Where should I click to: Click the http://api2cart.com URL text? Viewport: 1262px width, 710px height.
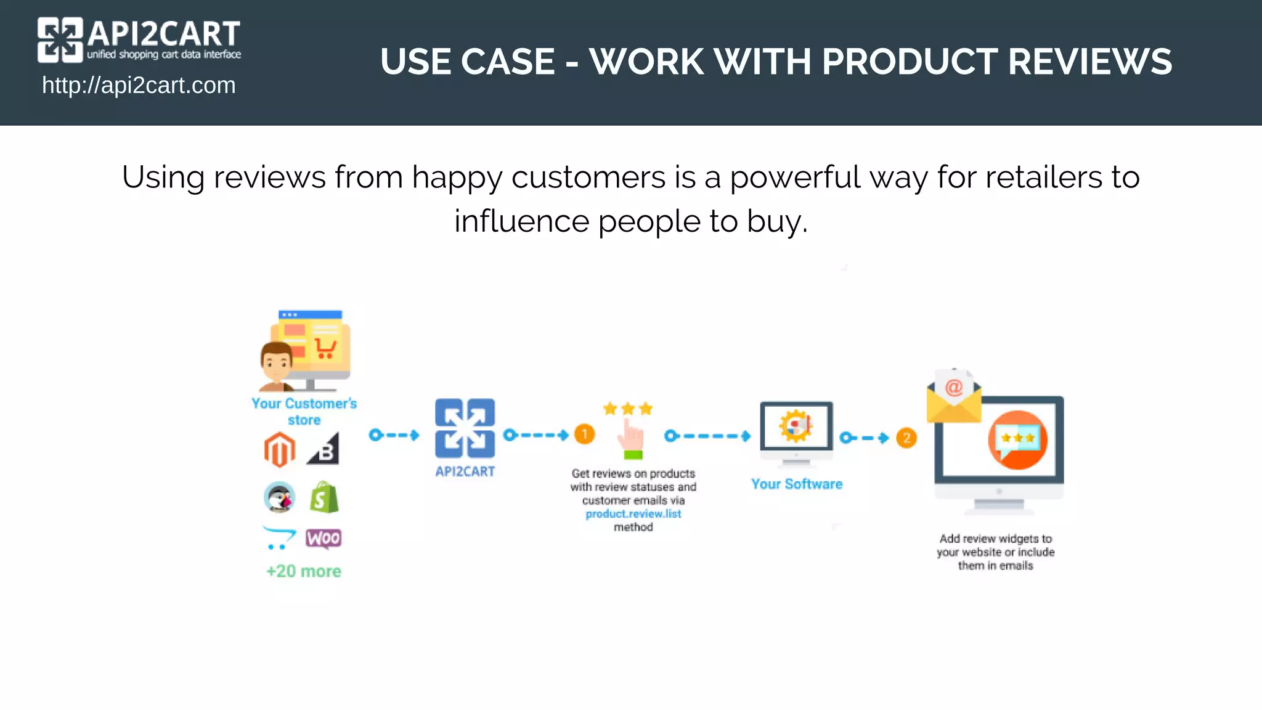[139, 85]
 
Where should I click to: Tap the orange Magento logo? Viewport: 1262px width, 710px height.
[280, 449]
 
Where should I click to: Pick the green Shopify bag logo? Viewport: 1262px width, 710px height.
[324, 497]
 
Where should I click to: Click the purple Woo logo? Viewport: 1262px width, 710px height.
[324, 538]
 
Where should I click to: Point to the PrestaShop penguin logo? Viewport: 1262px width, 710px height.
[280, 497]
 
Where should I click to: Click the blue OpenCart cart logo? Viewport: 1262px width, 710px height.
[279, 537]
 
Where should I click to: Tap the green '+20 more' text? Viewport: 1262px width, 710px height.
[303, 571]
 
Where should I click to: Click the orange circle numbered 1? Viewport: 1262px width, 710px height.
[584, 434]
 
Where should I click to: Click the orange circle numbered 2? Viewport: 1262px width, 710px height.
[906, 438]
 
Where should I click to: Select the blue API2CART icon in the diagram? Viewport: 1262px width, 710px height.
[465, 428]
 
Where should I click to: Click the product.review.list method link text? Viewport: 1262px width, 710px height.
[633, 514]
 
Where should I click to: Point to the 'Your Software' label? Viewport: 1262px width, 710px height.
[796, 484]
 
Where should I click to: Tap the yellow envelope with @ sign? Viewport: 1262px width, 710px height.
[953, 398]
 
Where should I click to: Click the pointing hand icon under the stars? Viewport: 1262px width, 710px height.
[632, 438]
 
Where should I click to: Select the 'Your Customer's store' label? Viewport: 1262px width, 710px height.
[304, 411]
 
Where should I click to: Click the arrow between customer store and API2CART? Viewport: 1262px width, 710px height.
[394, 435]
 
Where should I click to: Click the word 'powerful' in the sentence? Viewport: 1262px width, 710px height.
[794, 177]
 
